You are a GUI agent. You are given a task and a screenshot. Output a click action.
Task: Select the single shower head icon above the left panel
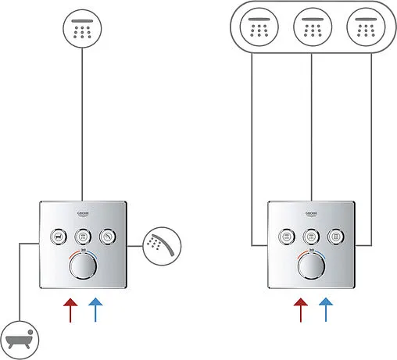[x=82, y=31]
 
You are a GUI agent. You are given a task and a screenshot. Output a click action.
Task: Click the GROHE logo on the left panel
[x=83, y=214]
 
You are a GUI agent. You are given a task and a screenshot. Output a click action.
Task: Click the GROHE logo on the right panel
[x=312, y=214]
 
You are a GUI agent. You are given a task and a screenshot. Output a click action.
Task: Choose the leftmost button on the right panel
[x=288, y=235]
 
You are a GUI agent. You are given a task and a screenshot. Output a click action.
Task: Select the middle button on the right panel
[x=312, y=235]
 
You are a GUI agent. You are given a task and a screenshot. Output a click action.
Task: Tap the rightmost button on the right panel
[x=336, y=235]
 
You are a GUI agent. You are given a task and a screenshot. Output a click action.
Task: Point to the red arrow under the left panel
[x=70, y=309]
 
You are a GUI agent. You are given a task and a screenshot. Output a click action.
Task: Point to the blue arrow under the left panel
[x=95, y=309]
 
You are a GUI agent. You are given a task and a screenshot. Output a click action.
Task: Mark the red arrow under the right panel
[x=299, y=309]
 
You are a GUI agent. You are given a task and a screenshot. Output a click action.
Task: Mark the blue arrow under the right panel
[x=324, y=309]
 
